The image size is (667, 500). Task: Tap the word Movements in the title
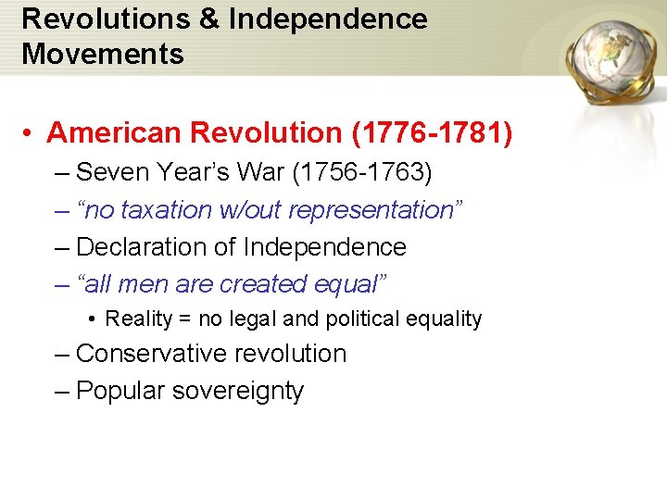[103, 54]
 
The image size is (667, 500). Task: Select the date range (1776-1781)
[432, 133]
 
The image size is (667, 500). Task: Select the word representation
[370, 210]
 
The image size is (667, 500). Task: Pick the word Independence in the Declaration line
[324, 247]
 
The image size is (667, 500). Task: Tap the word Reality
[139, 319]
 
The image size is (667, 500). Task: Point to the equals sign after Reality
[185, 319]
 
